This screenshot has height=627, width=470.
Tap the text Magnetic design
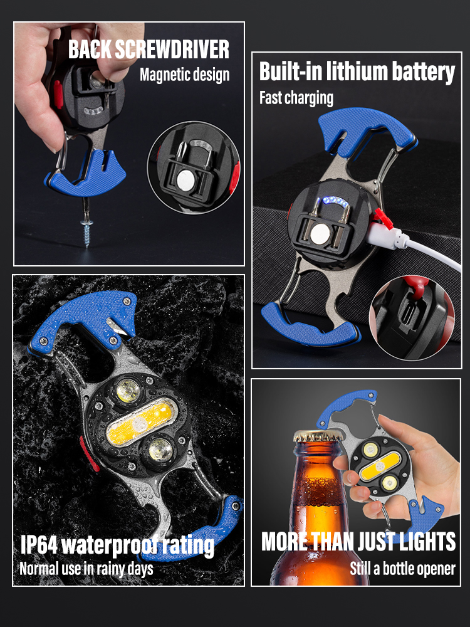click(184, 75)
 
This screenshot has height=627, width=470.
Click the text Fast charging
click(296, 98)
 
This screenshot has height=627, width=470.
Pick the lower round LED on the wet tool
click(159, 449)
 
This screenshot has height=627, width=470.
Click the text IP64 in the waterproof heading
click(42, 544)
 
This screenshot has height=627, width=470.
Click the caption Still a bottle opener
click(402, 569)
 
